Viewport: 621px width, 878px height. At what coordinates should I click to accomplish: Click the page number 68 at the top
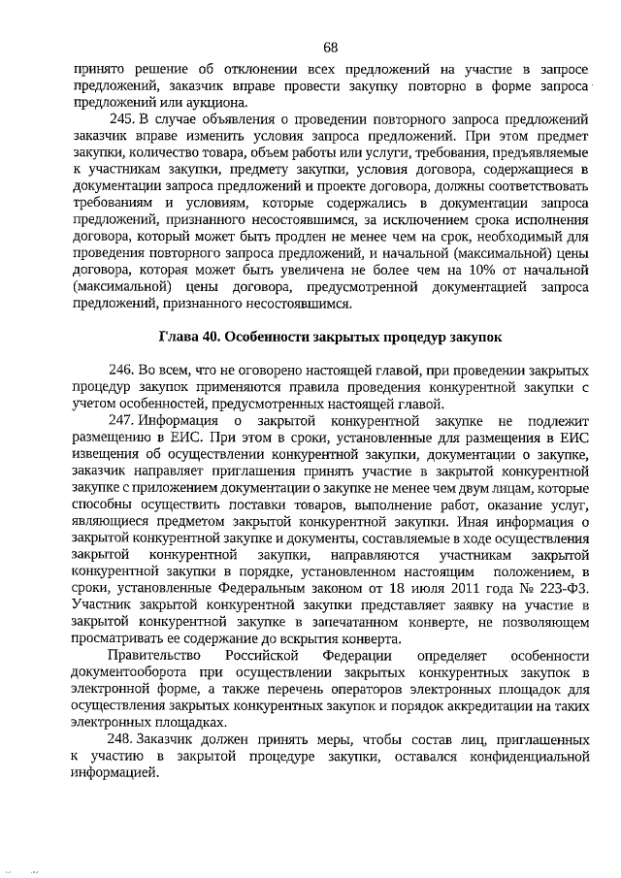[330, 47]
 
